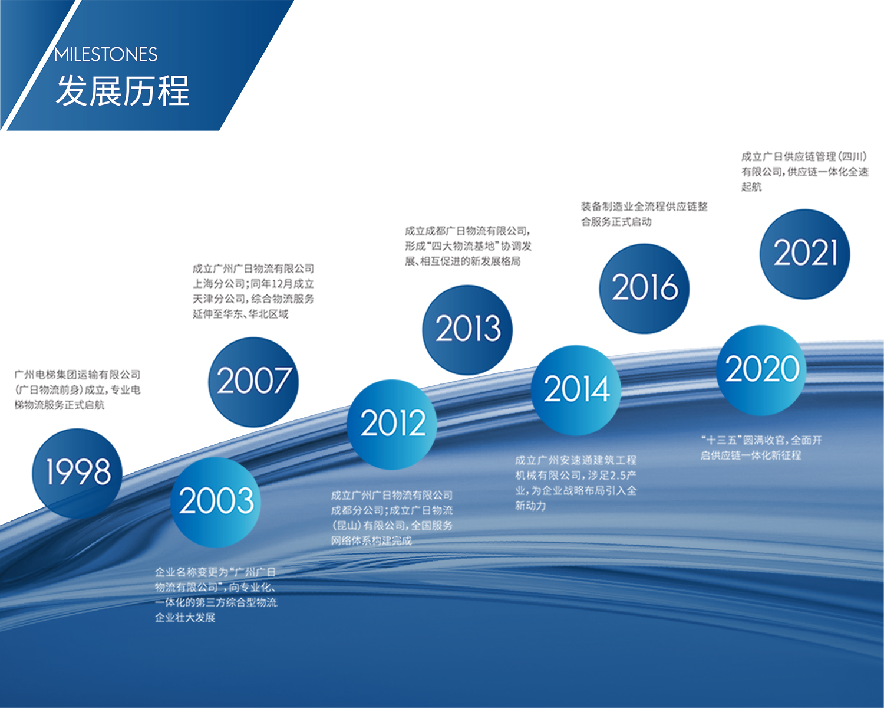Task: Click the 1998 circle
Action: pos(77,473)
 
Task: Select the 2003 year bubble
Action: pos(216,502)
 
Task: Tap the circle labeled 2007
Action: pos(253,382)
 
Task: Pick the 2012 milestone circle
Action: pos(392,425)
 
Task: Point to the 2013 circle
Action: pos(467,330)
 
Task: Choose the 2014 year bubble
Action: pos(576,391)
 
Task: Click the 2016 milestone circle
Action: pos(645,289)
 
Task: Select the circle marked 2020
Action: pos(761,371)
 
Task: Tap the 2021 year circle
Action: pos(805,254)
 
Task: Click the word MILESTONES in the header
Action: pos(105,55)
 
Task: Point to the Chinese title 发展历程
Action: pos(123,90)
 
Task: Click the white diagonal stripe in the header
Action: pos(40,65)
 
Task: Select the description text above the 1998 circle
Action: pos(78,389)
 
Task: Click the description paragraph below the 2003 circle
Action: pos(216,595)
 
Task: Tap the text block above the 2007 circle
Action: pos(253,291)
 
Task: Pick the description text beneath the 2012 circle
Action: pos(392,517)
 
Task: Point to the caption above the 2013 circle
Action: pos(469,246)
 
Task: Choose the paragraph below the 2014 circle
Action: pos(576,483)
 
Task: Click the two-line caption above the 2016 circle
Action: pos(644,214)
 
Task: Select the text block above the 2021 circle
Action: pos(805,172)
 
